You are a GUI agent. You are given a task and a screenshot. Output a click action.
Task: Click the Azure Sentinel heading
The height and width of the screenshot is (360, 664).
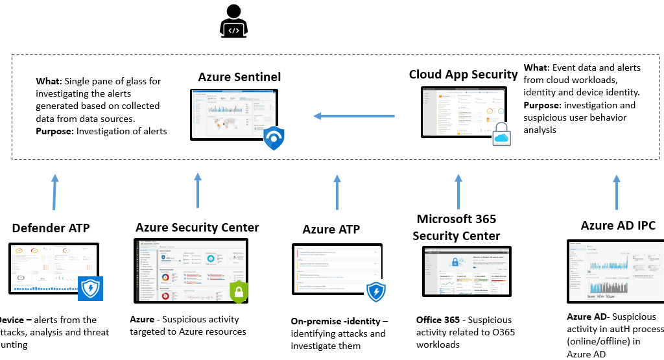[x=239, y=77]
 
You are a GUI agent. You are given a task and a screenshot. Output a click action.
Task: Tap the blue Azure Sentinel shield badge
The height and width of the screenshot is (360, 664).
[x=274, y=138]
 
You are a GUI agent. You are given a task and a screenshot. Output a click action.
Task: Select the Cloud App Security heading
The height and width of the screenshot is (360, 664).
[x=463, y=75]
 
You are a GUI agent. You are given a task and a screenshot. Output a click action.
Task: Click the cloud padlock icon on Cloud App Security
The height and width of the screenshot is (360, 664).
[x=503, y=133]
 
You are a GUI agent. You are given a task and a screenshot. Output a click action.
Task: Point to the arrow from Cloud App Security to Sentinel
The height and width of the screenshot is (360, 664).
[x=354, y=116]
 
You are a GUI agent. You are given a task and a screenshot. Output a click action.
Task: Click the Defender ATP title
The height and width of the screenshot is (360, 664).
[x=51, y=228]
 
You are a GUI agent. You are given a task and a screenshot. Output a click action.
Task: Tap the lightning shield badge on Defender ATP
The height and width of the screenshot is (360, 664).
[x=91, y=288]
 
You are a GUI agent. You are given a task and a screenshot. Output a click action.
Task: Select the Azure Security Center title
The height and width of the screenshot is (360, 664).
[x=197, y=227]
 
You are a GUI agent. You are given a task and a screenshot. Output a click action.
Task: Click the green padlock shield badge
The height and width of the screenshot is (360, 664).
[x=239, y=291]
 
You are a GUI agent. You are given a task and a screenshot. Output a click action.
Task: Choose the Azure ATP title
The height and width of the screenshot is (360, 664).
[x=331, y=230]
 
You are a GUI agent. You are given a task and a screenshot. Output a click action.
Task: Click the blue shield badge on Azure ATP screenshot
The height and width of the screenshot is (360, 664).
[x=376, y=291]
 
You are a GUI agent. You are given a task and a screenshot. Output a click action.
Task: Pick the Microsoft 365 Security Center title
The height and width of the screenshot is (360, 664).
[x=456, y=227]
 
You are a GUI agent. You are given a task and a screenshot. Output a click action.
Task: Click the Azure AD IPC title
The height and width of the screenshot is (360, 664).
[x=618, y=226]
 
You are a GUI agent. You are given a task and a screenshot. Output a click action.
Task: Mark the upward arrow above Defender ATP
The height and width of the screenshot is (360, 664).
[x=54, y=191]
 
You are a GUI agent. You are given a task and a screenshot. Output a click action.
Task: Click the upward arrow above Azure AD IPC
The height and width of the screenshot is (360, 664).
[x=617, y=191]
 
